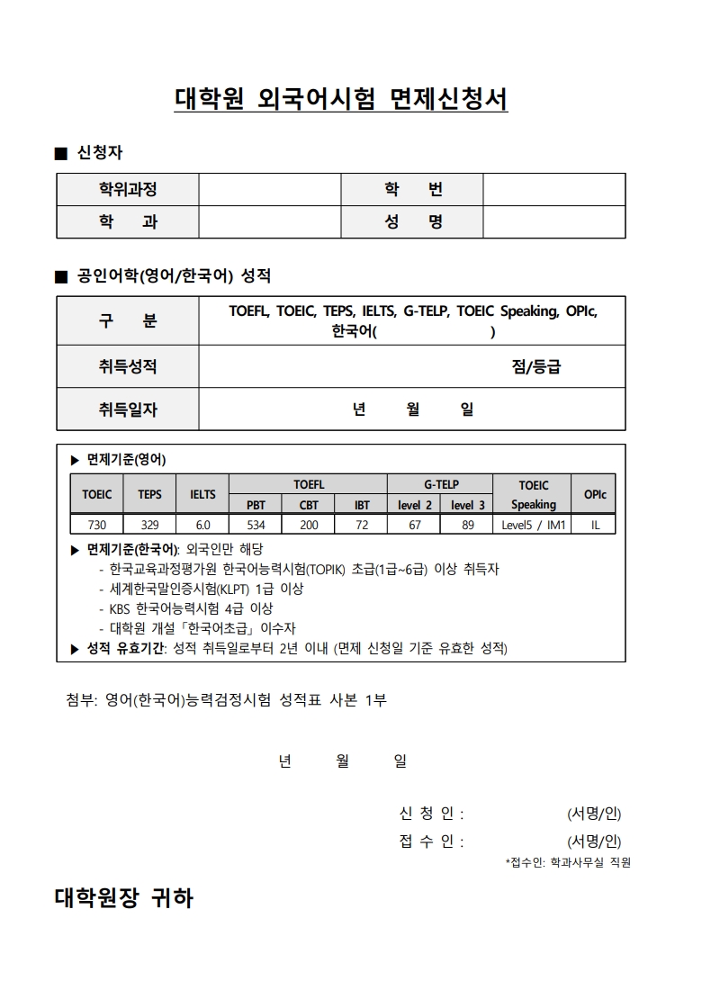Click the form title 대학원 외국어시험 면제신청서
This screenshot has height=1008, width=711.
click(x=341, y=99)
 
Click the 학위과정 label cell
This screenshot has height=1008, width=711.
click(x=128, y=189)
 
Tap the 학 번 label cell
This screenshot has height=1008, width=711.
click(x=413, y=189)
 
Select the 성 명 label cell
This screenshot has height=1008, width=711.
click(x=413, y=221)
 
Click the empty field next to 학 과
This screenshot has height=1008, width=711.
click(x=270, y=221)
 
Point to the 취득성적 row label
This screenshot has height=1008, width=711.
click(x=128, y=366)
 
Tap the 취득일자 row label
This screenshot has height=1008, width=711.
click(x=128, y=409)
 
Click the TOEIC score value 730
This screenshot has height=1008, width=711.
click(x=97, y=525)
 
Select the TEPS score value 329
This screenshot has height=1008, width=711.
click(x=149, y=525)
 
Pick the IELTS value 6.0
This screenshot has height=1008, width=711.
click(x=202, y=525)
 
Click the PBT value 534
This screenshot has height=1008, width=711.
click(x=256, y=525)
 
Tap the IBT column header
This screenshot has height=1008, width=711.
click(x=361, y=505)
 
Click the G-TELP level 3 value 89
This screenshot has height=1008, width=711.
click(x=467, y=525)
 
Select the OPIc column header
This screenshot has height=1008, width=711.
click(x=595, y=494)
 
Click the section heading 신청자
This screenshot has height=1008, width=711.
click(x=100, y=153)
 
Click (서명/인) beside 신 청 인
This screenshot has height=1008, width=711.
click(x=594, y=814)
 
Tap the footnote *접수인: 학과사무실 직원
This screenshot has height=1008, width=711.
click(x=568, y=862)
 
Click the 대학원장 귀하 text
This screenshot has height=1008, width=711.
click(x=124, y=897)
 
